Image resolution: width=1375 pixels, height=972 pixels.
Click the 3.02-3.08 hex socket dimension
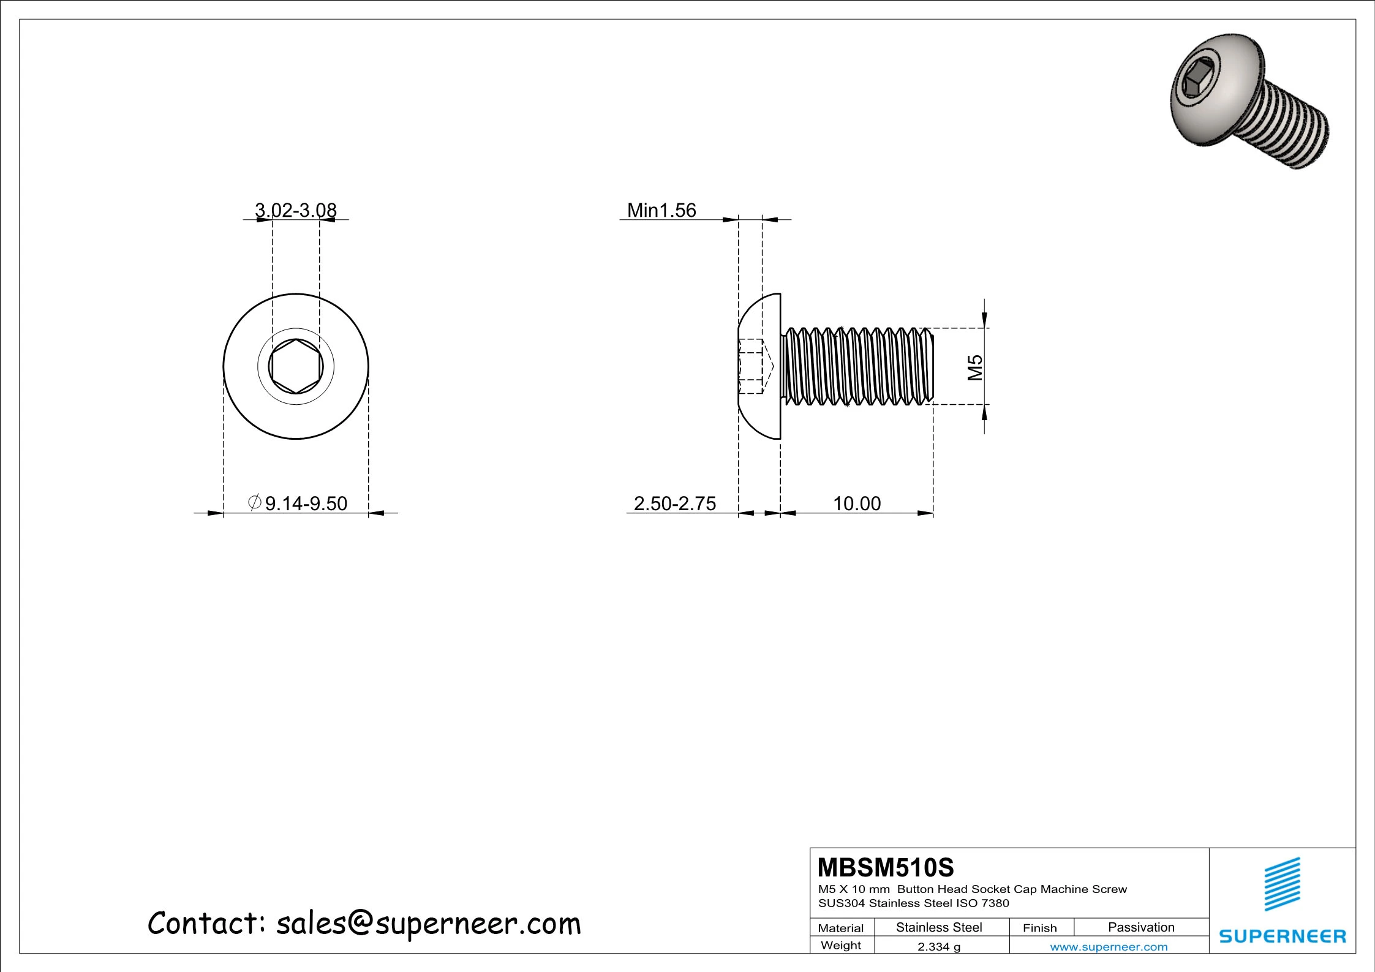click(x=296, y=210)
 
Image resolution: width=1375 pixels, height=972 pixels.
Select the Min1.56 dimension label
click(x=661, y=210)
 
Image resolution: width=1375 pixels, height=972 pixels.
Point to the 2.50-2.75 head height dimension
click(x=674, y=503)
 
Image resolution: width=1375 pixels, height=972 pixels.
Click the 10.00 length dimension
click(x=856, y=503)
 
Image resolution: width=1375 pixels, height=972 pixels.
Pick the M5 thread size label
click(x=974, y=367)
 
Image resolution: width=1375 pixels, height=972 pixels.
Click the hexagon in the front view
click(x=296, y=366)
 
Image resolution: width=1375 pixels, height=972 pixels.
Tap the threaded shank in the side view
click(x=857, y=366)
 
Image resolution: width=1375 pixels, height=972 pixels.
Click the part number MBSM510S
click(x=886, y=867)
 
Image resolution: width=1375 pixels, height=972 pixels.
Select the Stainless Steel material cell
click(x=939, y=927)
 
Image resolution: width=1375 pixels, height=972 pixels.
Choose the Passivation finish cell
click(x=1141, y=927)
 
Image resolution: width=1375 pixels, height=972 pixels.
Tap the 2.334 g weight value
click(x=939, y=946)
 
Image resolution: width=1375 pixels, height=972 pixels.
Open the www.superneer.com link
click(x=1109, y=947)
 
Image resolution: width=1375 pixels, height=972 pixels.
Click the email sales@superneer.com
click(x=428, y=924)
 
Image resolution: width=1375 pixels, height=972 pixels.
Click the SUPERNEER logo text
click(x=1283, y=936)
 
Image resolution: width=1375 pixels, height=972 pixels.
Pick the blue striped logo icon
click(x=1283, y=884)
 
